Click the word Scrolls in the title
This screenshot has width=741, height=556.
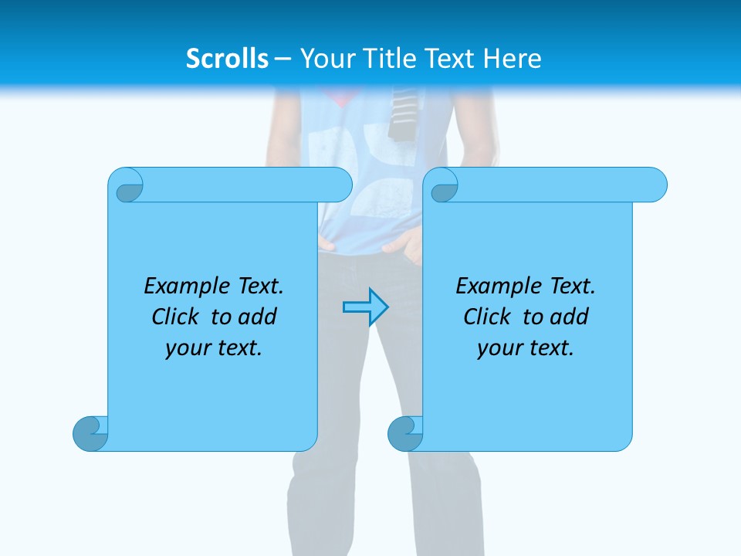[x=227, y=59]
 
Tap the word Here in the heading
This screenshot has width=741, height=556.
[x=512, y=59]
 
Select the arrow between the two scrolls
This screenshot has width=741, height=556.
[x=365, y=307]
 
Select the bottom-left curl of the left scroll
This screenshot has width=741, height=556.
[x=90, y=433]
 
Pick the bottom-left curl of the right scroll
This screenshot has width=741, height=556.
[x=404, y=433]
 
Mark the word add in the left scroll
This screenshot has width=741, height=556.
[x=258, y=317]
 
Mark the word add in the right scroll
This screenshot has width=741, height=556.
[x=570, y=317]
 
